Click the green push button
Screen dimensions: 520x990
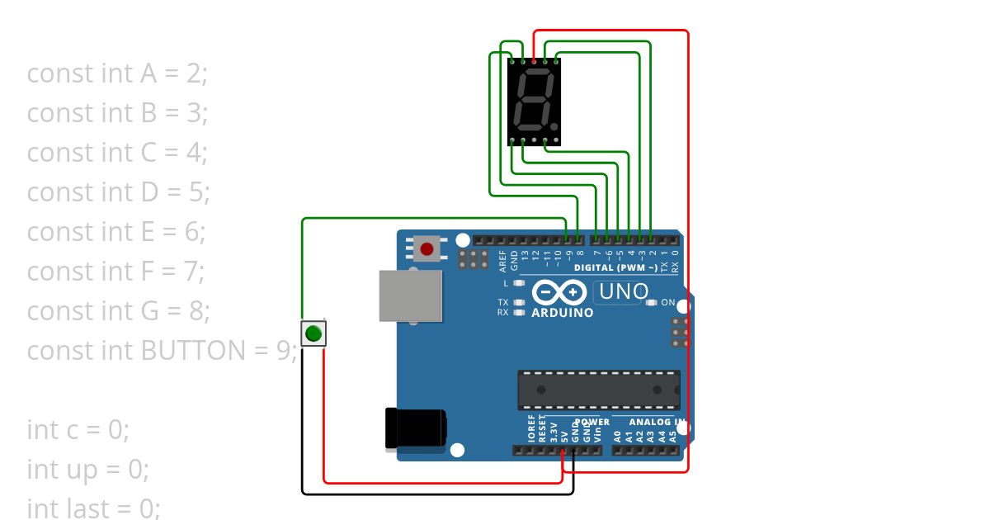click(x=313, y=333)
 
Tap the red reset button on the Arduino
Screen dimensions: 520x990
click(x=427, y=248)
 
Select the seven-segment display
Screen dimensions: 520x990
click(x=534, y=101)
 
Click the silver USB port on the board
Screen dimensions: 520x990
click(x=410, y=295)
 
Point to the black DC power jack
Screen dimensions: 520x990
click(x=415, y=428)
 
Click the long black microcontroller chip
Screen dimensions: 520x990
click(x=599, y=390)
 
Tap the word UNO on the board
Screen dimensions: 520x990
click(x=623, y=291)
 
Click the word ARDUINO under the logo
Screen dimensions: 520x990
click(x=562, y=314)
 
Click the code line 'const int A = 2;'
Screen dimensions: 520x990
click(x=117, y=73)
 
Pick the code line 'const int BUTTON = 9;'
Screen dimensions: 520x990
click(x=162, y=351)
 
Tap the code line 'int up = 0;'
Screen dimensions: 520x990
click(x=88, y=470)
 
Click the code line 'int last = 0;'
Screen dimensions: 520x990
click(x=93, y=508)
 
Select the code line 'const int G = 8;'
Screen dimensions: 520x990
click(x=118, y=311)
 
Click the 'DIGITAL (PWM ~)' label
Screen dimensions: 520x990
click(x=615, y=267)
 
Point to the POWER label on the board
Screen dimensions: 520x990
click(x=592, y=422)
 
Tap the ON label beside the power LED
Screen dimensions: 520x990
click(x=667, y=302)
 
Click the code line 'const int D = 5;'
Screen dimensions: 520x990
click(x=118, y=192)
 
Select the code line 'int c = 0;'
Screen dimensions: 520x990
click(x=78, y=430)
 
